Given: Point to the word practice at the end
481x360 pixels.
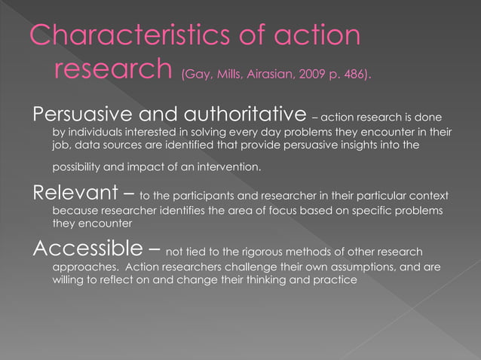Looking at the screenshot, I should click(x=332, y=279).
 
